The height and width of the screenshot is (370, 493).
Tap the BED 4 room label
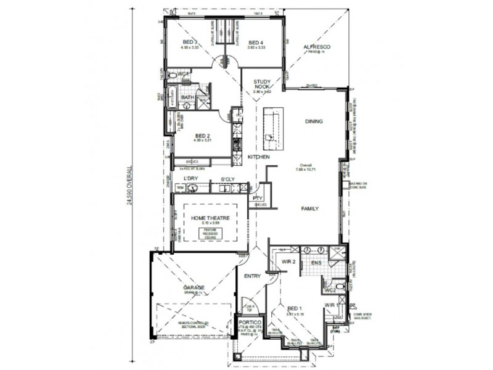(x=249, y=42)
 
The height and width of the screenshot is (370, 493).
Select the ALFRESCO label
(x=317, y=47)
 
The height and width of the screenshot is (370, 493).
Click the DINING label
(x=314, y=121)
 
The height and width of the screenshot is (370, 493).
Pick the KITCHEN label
(x=259, y=157)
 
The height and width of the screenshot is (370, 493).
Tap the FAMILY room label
(x=309, y=208)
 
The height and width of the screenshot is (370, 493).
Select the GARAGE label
(x=194, y=287)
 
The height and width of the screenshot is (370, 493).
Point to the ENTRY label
(x=252, y=276)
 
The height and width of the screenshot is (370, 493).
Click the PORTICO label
(x=250, y=323)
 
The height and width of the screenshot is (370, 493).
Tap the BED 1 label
(x=295, y=308)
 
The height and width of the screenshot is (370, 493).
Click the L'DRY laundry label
(x=190, y=179)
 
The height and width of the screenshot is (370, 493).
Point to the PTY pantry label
(x=258, y=198)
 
